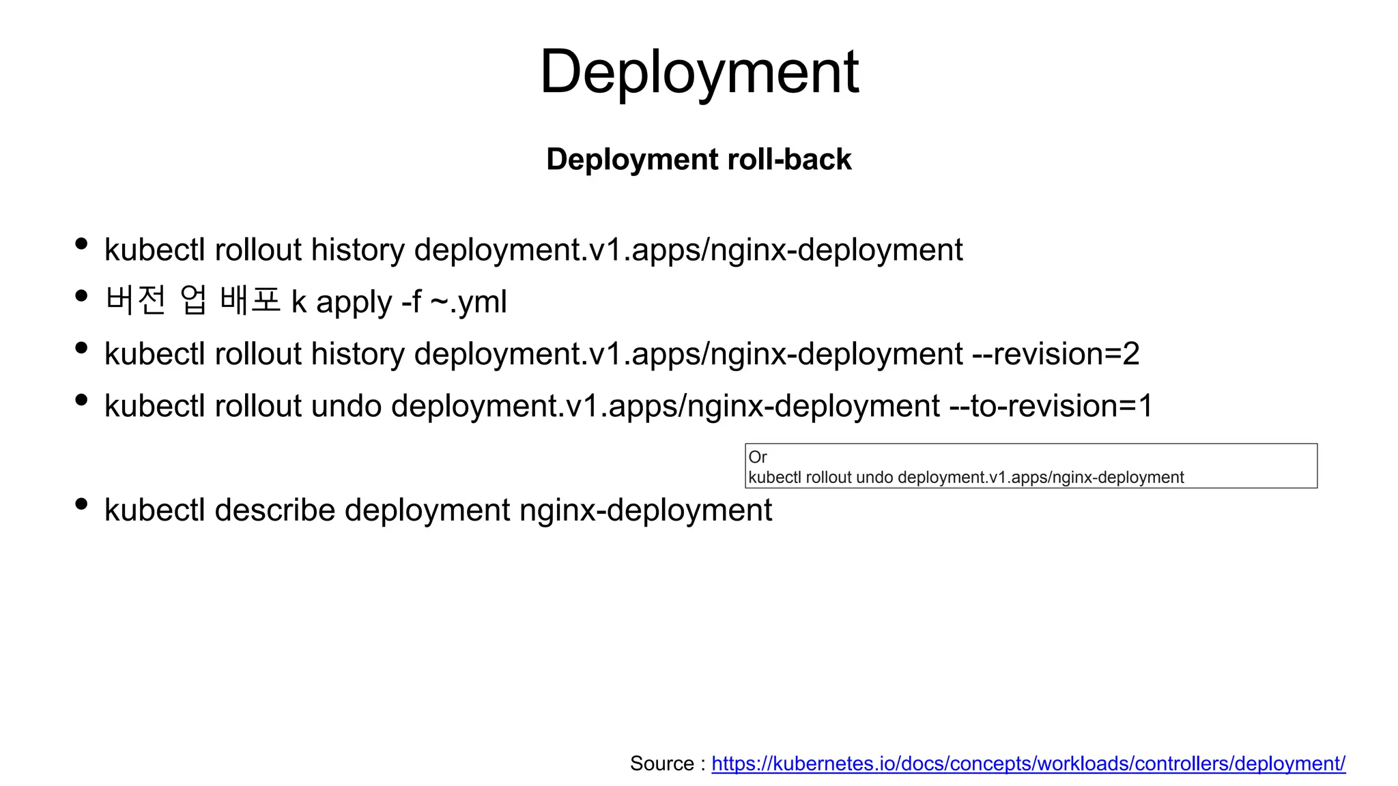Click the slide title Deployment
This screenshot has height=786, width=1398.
click(699, 72)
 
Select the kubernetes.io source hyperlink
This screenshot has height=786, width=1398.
click(1028, 763)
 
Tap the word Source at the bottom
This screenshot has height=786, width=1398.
click(661, 763)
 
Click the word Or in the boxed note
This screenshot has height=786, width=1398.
click(757, 457)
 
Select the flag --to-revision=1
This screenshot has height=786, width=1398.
click(1051, 406)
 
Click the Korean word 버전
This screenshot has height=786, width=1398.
click(136, 300)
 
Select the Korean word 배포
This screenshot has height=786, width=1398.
click(250, 300)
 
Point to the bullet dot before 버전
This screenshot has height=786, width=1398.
click(81, 296)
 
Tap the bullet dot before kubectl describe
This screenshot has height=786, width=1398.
click(81, 504)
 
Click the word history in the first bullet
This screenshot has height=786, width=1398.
click(358, 250)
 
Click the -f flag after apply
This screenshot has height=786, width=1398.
click(412, 302)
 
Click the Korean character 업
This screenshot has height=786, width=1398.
click(193, 300)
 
